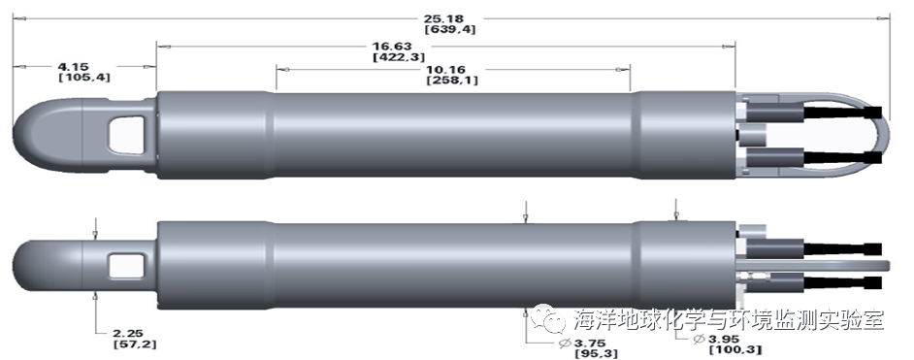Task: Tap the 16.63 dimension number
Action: pos(392,46)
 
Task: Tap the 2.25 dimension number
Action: pos(128,333)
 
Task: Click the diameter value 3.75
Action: pos(590,343)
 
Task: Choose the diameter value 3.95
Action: pos(724,339)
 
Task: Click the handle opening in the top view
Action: pos(126,135)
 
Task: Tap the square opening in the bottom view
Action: pos(126,266)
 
